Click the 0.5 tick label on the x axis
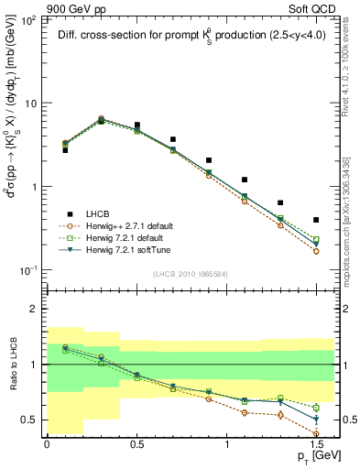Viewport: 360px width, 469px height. pyautogui.click(x=136, y=444)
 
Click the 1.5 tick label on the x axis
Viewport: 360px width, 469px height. pyautogui.click(x=316, y=444)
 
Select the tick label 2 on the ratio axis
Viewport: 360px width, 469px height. pyautogui.click(x=35, y=310)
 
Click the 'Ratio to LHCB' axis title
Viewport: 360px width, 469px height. pyautogui.click(x=12, y=365)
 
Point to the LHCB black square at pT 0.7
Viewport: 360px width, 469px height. pyautogui.click(x=172, y=140)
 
